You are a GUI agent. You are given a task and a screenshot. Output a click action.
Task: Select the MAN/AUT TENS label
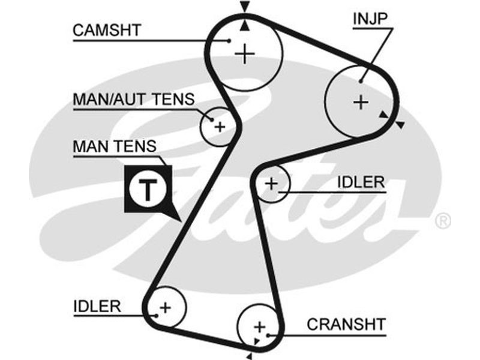[x=133, y=99]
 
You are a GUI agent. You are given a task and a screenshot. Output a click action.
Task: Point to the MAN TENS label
[x=114, y=146]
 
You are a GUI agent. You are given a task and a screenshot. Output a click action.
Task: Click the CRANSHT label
[x=346, y=324]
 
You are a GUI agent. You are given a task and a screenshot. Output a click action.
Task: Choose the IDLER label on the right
[x=360, y=182]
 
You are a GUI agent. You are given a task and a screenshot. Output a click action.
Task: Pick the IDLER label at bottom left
[x=97, y=305]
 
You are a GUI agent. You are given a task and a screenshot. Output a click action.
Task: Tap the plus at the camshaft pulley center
[x=245, y=55]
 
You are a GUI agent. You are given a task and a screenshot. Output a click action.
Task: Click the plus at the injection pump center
[x=360, y=102]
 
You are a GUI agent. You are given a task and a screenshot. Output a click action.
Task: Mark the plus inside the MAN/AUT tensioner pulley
[x=220, y=127]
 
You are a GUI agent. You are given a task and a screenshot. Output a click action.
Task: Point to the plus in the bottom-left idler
[x=166, y=307]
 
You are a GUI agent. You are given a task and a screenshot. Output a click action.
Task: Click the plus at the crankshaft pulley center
[x=259, y=327]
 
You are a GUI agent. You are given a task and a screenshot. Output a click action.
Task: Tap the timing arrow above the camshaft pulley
[x=244, y=7]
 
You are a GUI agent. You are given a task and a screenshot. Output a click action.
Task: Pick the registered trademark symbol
[x=442, y=222]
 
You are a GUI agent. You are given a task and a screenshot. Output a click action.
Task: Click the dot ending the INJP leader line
[x=362, y=81]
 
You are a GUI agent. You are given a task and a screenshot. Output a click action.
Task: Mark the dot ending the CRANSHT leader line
[x=268, y=334]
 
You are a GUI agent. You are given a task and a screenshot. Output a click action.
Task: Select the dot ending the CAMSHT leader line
[x=230, y=41]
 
